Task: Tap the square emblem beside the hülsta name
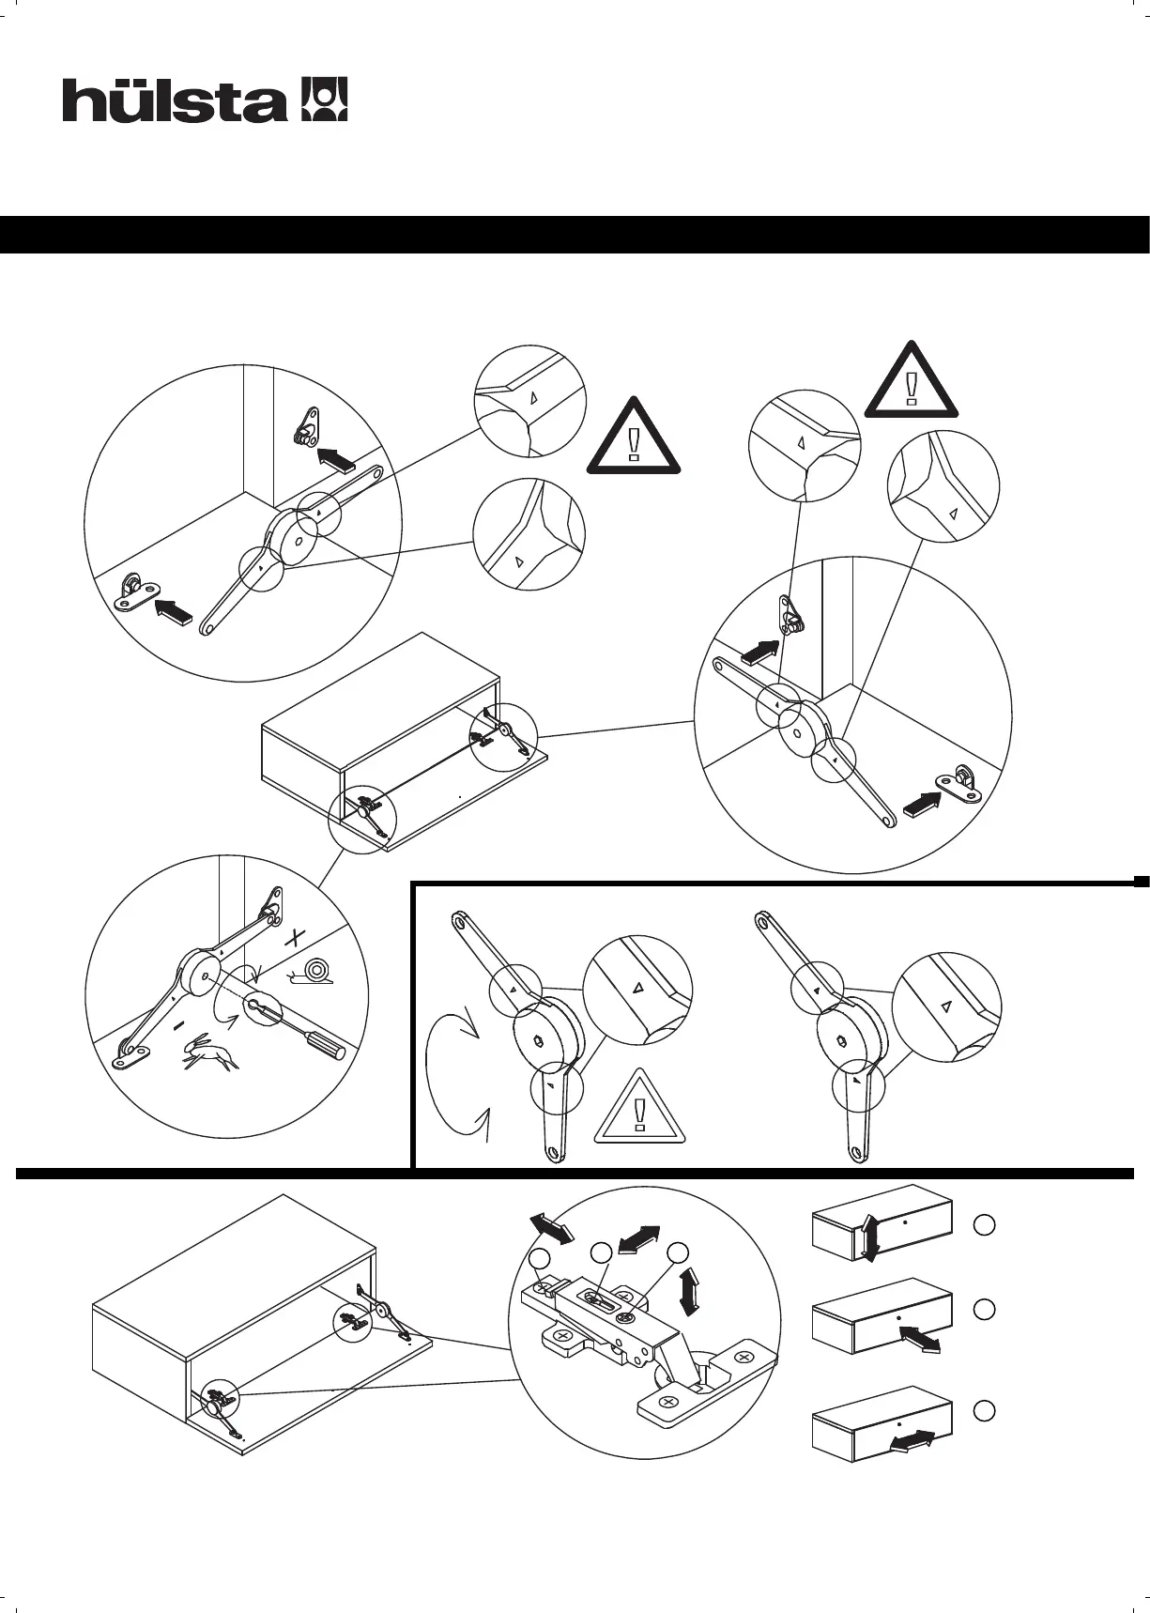point(323,100)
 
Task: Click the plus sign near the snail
point(297,937)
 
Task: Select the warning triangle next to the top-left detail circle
point(635,438)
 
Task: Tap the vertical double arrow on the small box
point(870,1238)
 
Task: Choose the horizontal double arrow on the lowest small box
point(910,1441)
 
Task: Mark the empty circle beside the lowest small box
point(984,1411)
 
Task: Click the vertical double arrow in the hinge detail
point(691,1291)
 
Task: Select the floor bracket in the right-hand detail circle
point(958,783)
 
